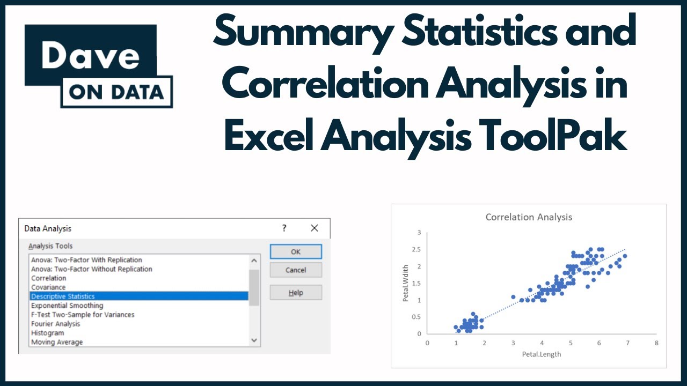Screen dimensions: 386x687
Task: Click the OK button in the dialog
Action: (x=296, y=251)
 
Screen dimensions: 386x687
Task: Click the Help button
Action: (x=296, y=293)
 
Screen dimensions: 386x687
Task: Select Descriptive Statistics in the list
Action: (x=63, y=296)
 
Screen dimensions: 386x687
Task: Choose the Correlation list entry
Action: (x=49, y=278)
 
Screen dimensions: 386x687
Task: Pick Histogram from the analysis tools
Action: (x=47, y=333)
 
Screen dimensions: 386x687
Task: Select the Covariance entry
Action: (x=48, y=287)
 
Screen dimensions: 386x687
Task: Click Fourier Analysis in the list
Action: (x=55, y=324)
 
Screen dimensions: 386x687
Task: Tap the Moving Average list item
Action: (x=57, y=342)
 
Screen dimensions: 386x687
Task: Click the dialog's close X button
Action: (x=315, y=228)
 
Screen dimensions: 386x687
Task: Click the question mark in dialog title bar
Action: (x=284, y=228)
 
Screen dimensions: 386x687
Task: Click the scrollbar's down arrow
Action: (x=254, y=340)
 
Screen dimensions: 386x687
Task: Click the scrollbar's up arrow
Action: (x=254, y=261)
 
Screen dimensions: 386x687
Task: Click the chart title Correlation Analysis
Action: (x=529, y=217)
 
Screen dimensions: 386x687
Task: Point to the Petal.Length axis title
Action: (x=542, y=354)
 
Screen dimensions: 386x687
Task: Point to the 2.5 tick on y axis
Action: (x=416, y=250)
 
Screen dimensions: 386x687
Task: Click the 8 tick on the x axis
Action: (x=656, y=342)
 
